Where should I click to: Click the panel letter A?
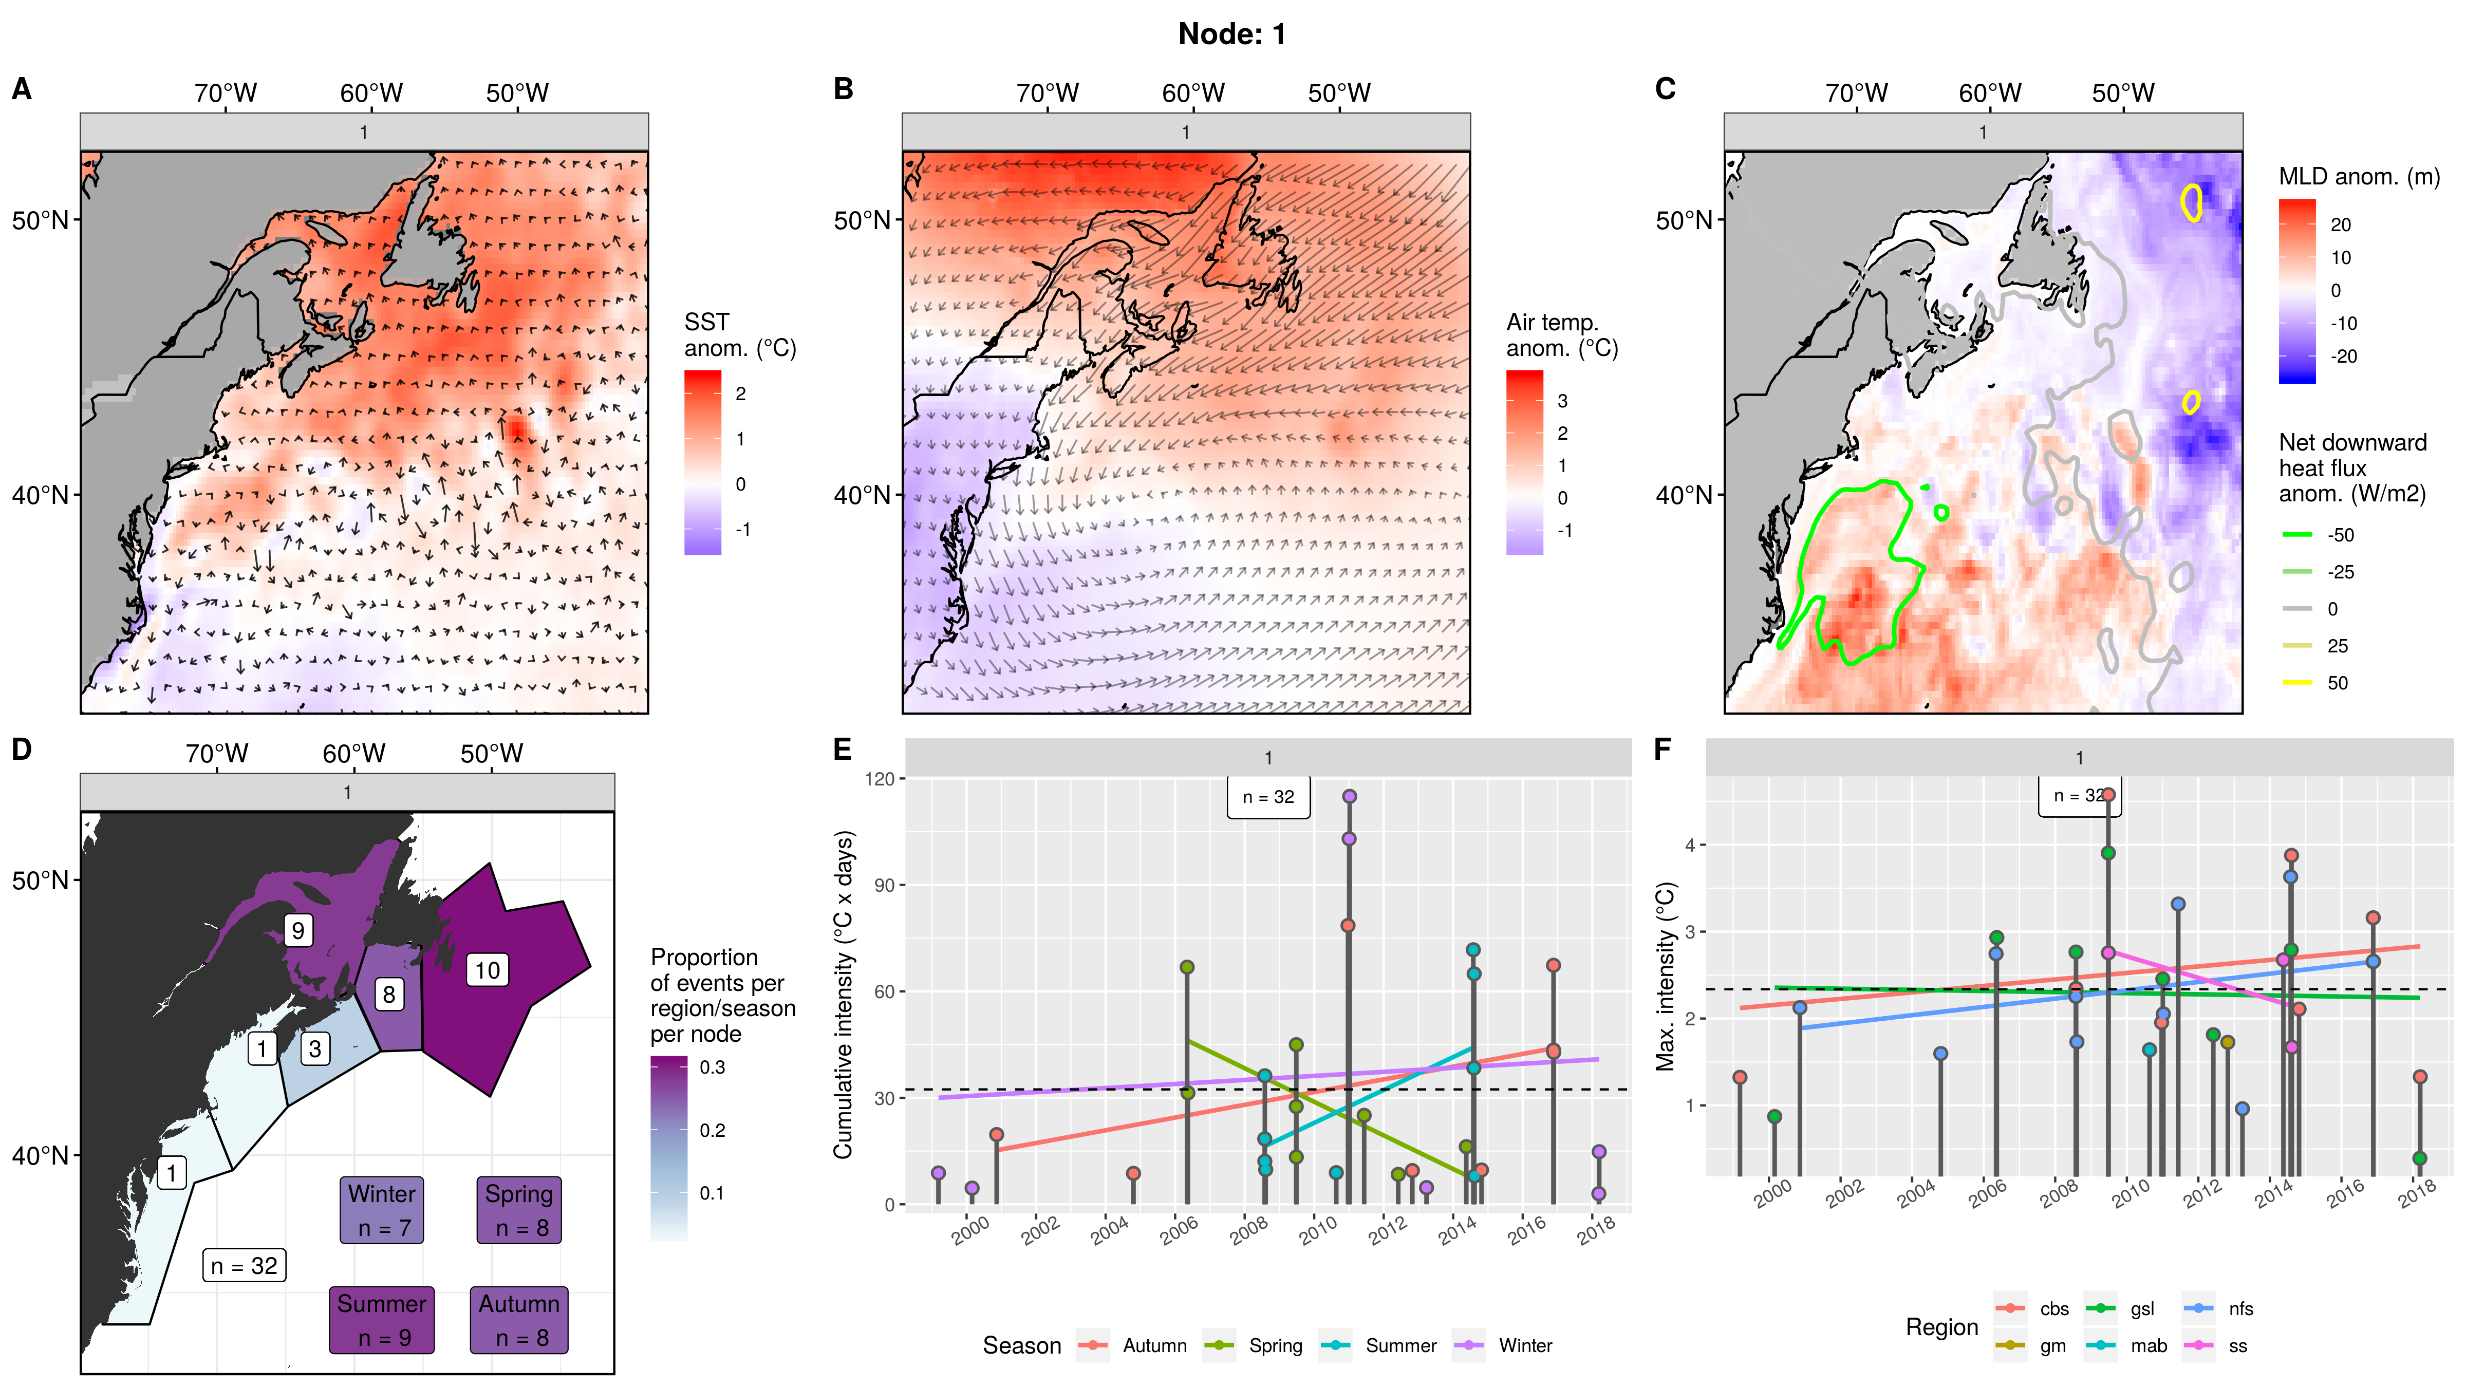(x=22, y=89)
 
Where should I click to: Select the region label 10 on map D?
(x=487, y=970)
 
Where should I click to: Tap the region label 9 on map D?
(x=298, y=929)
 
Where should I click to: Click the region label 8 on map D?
(x=389, y=994)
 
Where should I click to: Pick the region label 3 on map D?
(x=315, y=1048)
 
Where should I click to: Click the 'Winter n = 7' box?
(x=382, y=1210)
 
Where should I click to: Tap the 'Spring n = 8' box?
(x=519, y=1210)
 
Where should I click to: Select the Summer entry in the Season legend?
(x=1399, y=1345)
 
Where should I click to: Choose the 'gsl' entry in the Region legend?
(x=2141, y=1308)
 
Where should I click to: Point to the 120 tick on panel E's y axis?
(x=879, y=779)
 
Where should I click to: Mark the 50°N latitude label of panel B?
(x=862, y=220)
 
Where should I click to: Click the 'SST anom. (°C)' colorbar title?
(x=739, y=335)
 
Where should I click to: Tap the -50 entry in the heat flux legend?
(x=2340, y=535)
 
